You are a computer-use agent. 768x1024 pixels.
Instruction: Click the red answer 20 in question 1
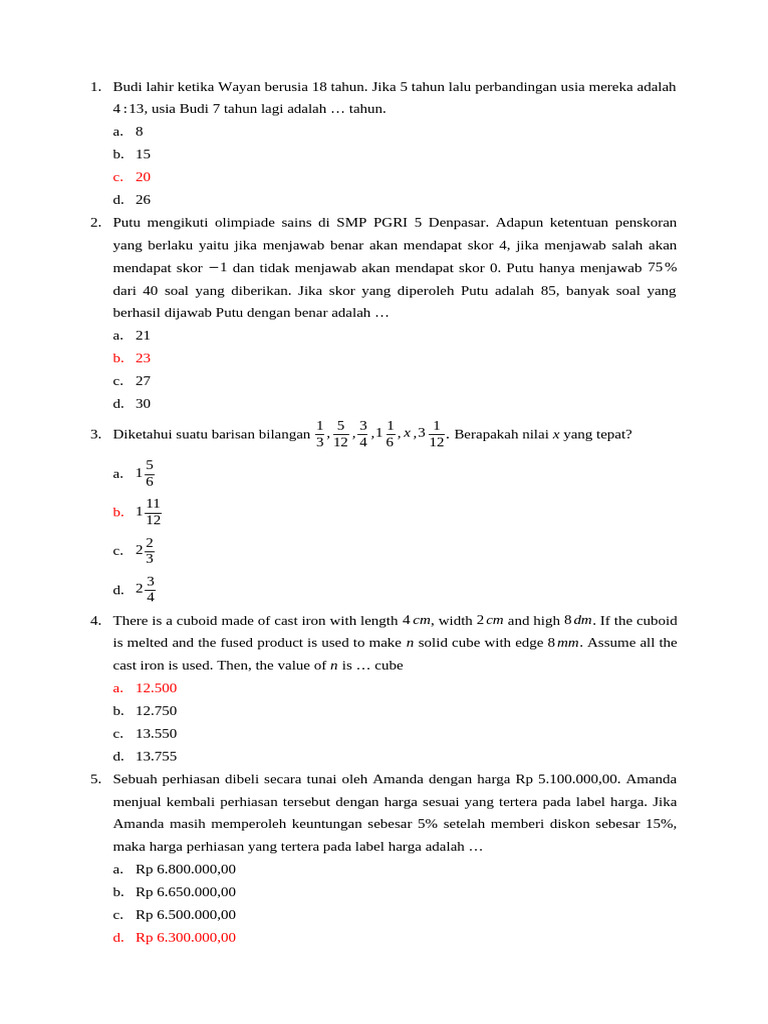143,177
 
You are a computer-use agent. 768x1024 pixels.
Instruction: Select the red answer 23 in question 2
143,358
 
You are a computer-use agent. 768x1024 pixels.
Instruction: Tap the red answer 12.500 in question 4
156,688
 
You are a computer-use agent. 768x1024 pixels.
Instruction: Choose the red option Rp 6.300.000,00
186,938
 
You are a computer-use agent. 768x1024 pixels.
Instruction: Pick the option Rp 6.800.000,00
186,869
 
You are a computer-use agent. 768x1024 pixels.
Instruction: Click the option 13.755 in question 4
156,757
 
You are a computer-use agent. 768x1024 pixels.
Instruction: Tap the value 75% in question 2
662,267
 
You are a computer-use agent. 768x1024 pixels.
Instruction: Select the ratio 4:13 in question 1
129,109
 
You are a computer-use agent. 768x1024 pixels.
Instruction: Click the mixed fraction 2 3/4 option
145,589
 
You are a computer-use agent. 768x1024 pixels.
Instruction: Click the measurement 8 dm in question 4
579,620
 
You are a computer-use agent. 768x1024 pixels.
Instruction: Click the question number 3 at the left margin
95,434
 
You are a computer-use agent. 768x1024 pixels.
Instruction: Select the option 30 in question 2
143,404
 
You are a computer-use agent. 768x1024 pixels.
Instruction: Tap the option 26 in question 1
143,200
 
